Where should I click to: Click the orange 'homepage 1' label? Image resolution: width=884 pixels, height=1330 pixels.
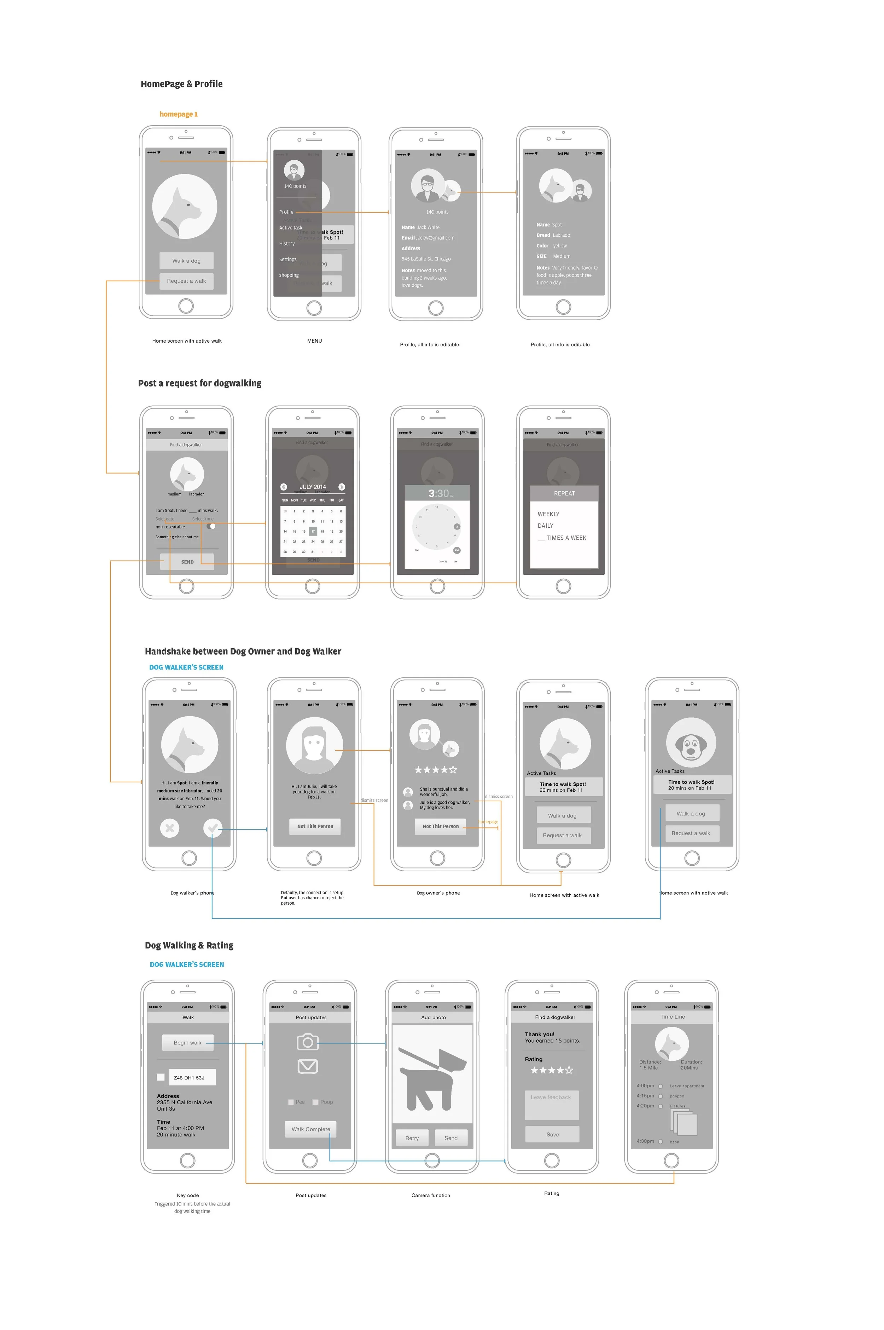pyautogui.click(x=178, y=114)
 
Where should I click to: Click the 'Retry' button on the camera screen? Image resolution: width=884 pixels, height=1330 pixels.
pyautogui.click(x=412, y=1137)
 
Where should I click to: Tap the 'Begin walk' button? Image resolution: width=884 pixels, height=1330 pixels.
pyautogui.click(x=187, y=1042)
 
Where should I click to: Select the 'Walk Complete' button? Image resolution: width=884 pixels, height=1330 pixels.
pyautogui.click(x=311, y=1129)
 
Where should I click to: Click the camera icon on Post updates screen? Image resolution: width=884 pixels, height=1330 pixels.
pyautogui.click(x=308, y=1042)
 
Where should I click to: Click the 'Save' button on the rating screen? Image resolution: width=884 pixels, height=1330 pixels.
pyautogui.click(x=552, y=1134)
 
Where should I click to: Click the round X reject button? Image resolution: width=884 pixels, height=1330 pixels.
pyautogui.click(x=170, y=828)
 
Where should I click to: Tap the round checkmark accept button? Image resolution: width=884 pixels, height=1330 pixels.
pyautogui.click(x=213, y=828)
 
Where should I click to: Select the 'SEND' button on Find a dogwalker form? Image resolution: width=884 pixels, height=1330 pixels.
pyautogui.click(x=187, y=561)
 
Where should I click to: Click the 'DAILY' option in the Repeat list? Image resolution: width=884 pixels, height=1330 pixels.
pyautogui.click(x=545, y=525)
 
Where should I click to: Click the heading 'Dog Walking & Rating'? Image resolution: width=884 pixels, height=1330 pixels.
pyautogui.click(x=189, y=945)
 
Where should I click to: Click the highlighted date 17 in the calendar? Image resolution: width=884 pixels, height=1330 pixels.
pyautogui.click(x=313, y=531)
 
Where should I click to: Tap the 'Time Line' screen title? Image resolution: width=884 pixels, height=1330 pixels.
pyautogui.click(x=673, y=1016)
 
